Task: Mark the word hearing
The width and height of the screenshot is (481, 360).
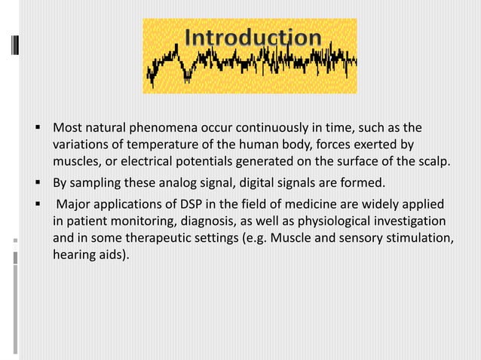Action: (x=74, y=257)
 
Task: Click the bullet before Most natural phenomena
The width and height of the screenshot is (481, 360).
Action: (x=36, y=126)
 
